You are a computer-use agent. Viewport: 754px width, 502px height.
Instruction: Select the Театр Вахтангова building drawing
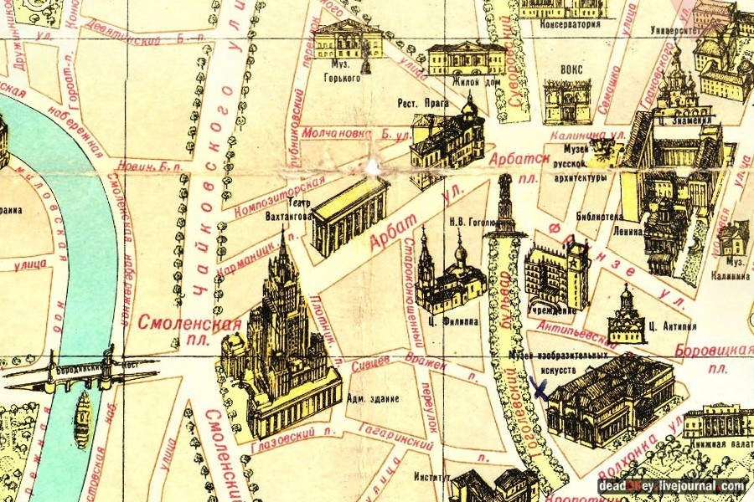coord(350,216)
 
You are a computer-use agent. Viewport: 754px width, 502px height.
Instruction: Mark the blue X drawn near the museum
coord(538,388)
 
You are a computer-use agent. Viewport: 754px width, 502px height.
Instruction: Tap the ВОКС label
coord(571,69)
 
